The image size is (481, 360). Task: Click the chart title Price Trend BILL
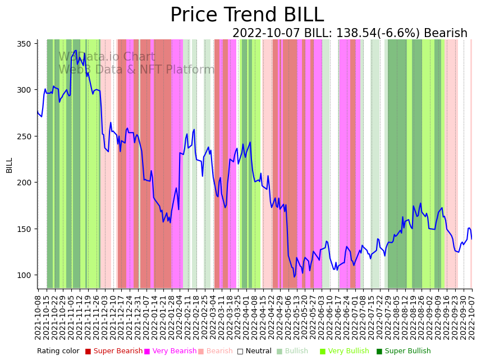pos(247,15)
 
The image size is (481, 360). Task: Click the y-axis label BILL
pos(9,165)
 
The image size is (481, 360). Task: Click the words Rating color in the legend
pos(58,351)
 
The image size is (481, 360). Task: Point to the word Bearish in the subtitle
pos(446,34)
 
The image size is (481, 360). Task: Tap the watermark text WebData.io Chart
pos(107,57)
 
